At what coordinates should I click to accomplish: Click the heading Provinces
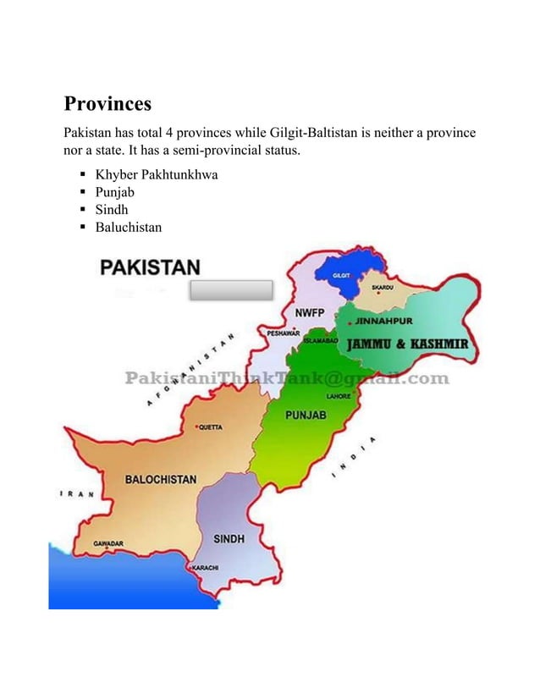107,104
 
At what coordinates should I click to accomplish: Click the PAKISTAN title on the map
151,267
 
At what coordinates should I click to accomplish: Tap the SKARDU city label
383,288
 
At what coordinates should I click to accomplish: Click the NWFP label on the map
308,313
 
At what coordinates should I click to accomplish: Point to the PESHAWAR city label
284,333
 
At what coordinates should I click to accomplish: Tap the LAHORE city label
339,395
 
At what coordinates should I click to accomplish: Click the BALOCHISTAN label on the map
161,479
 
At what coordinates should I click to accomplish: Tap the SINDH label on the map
229,538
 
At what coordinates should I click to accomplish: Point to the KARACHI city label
207,566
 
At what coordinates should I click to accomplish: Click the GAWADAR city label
109,543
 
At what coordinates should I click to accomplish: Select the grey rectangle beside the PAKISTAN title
230,290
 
